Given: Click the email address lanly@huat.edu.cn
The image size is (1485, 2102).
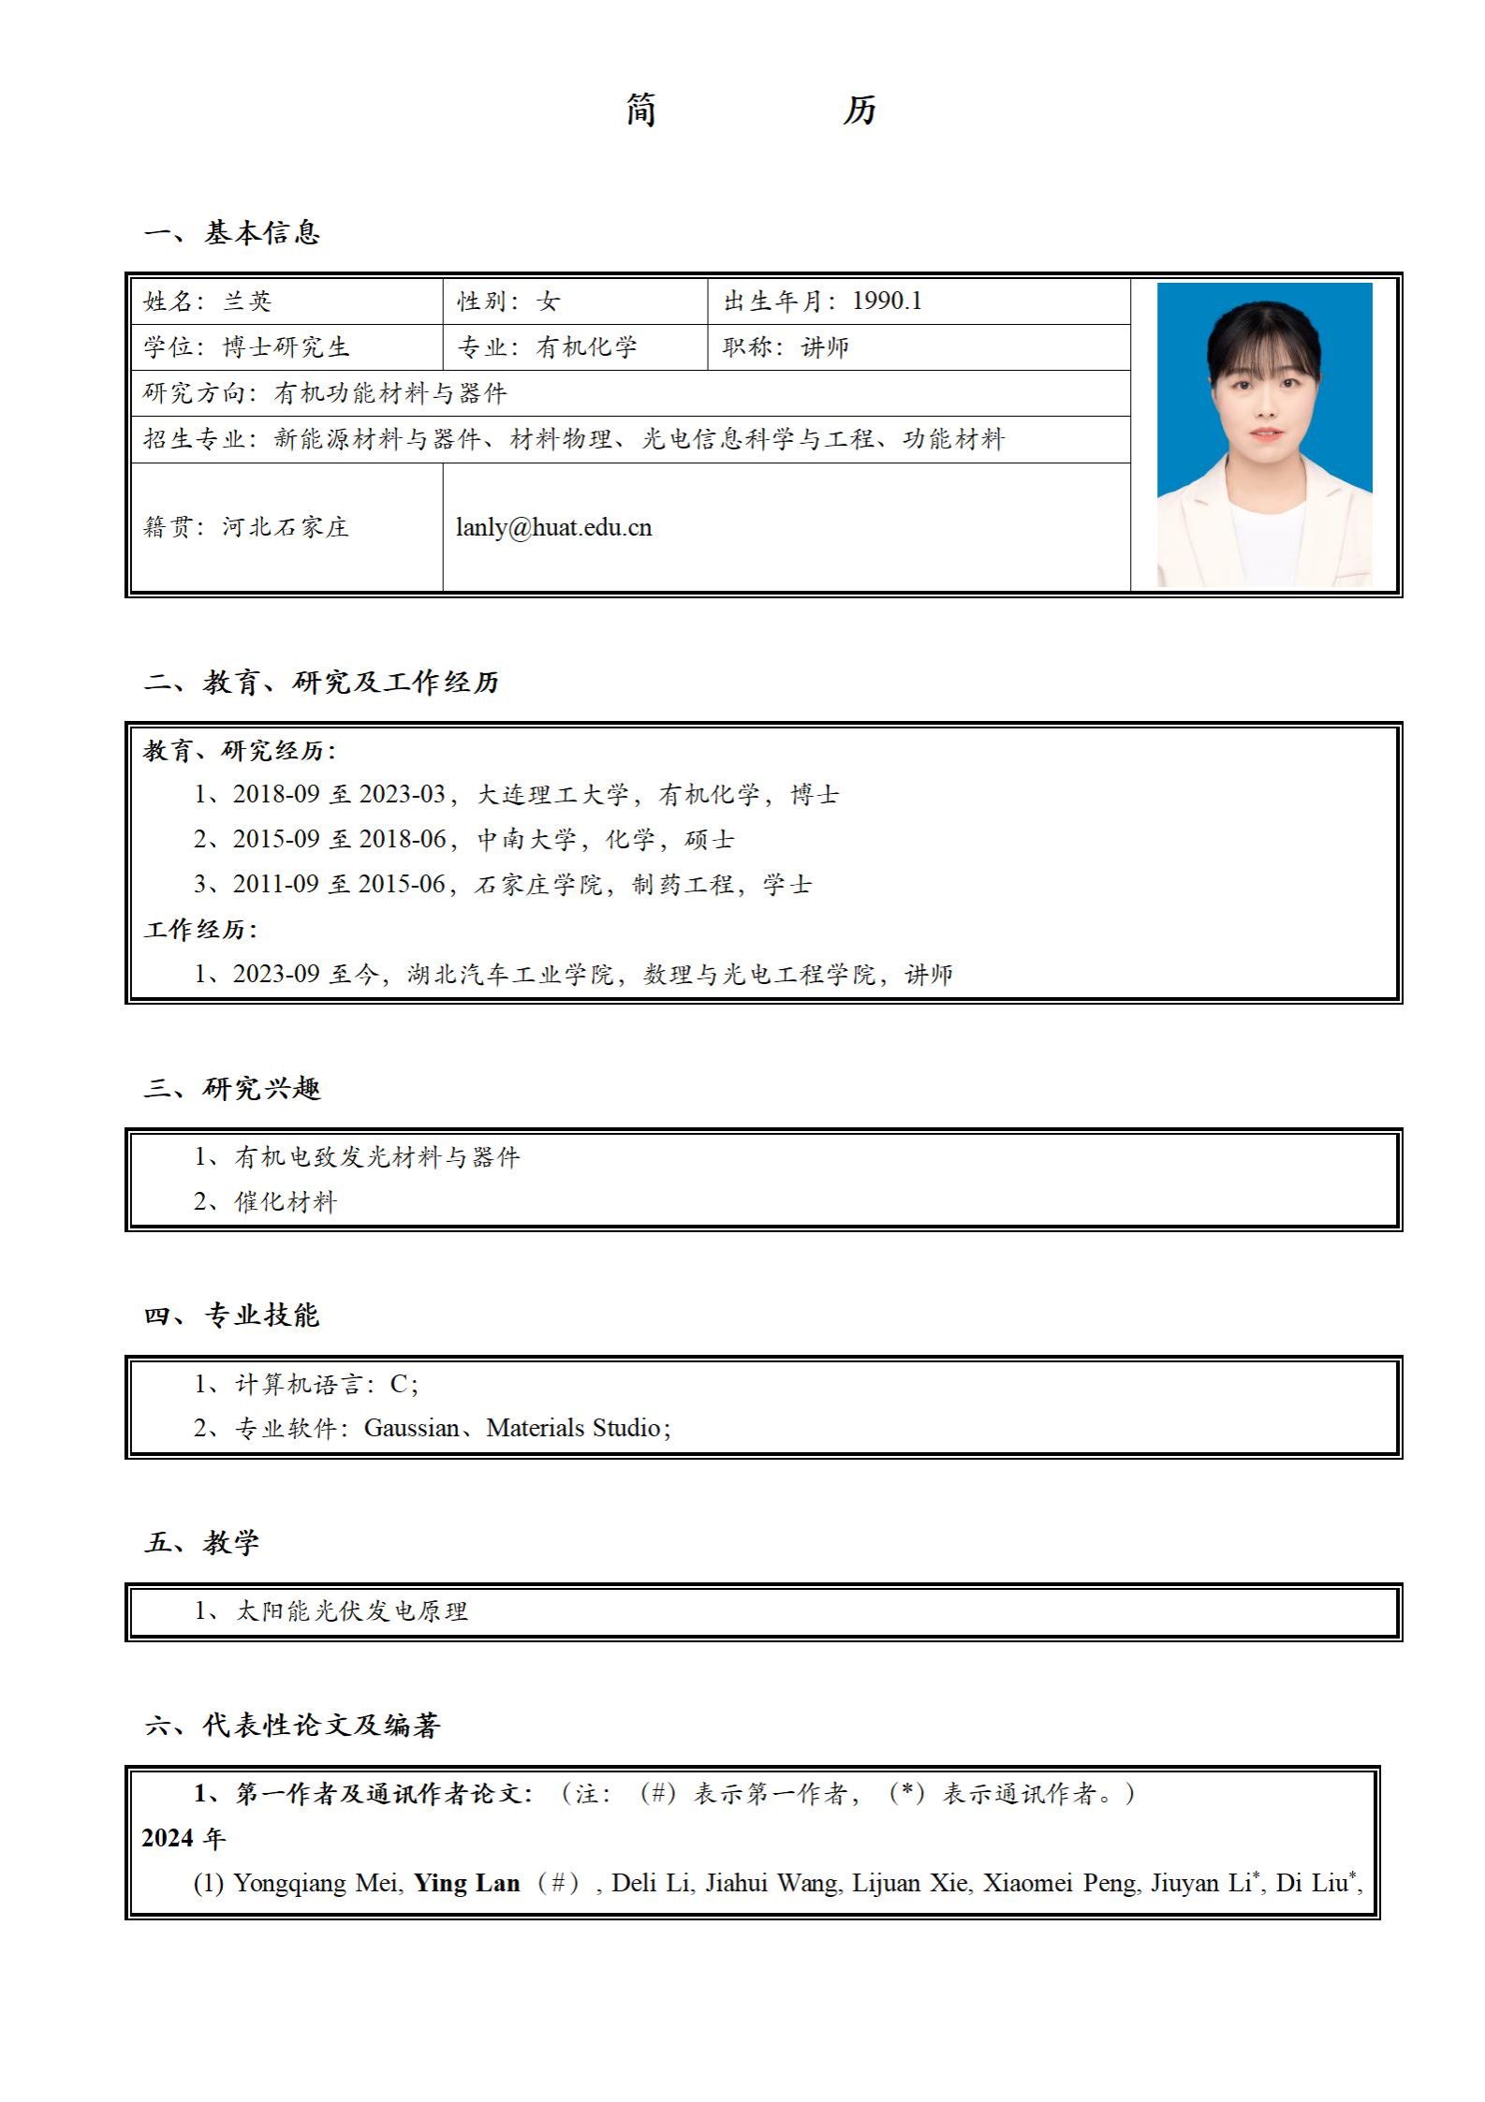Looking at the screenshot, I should pyautogui.click(x=553, y=527).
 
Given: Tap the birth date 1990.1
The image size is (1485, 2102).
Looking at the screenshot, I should pyautogui.click(x=887, y=301).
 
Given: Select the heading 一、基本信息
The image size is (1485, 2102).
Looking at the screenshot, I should pyautogui.click(x=232, y=233).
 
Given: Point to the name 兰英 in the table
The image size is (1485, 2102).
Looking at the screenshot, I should pyautogui.click(x=247, y=301).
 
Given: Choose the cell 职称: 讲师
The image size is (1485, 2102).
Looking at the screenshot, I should pyautogui.click(x=786, y=347).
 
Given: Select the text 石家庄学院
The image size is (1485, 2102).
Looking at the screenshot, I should pyautogui.click(x=538, y=884).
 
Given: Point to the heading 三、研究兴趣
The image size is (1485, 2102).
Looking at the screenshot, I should pyautogui.click(x=232, y=1088).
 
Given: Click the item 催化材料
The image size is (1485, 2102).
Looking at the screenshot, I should pyautogui.click(x=286, y=1201).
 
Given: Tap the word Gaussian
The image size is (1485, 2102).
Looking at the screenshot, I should pyautogui.click(x=411, y=1428).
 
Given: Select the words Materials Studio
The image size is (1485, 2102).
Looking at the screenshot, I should pyautogui.click(x=573, y=1428).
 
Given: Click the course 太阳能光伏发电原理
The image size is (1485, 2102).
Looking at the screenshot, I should pyautogui.click(x=351, y=1611).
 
